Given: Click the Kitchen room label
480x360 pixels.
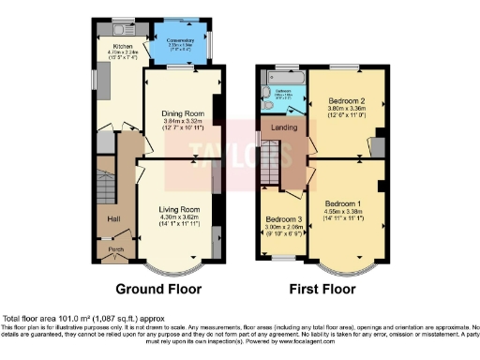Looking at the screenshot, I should tap(122, 44).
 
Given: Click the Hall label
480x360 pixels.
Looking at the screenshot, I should tap(112, 218).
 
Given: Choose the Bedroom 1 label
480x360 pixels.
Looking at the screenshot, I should tap(344, 202).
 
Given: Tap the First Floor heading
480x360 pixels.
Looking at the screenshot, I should tap(322, 289).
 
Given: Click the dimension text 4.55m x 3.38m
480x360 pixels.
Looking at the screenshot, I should tap(344, 212).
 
